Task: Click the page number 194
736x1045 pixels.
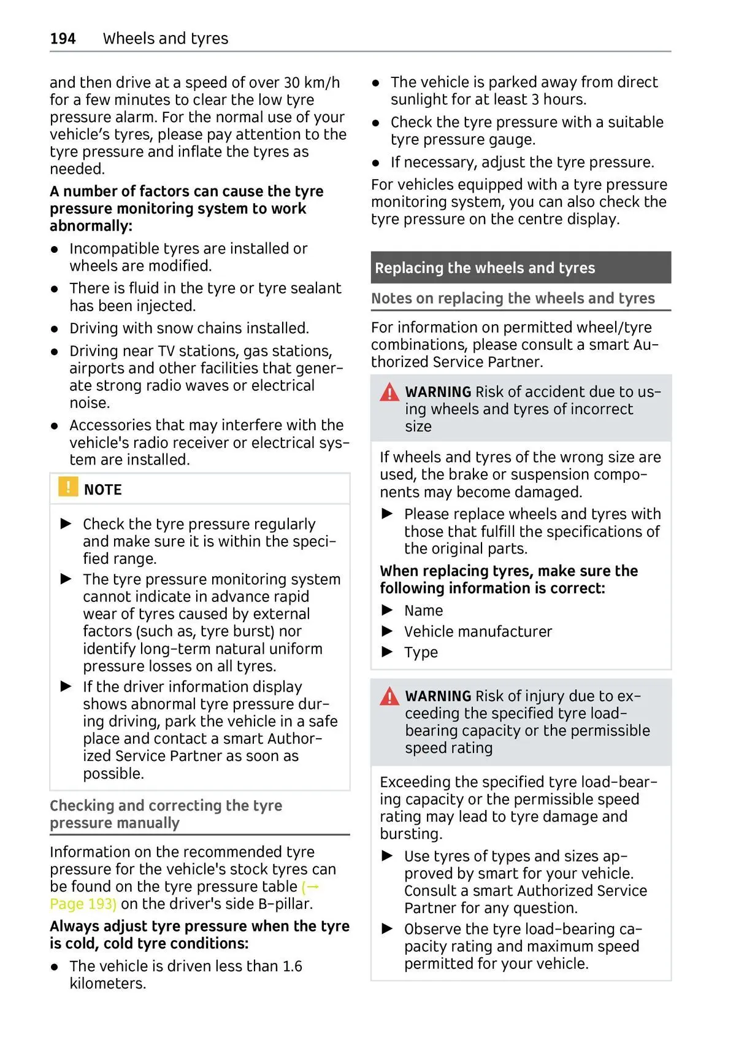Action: tap(63, 39)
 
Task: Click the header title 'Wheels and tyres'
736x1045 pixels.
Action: tap(166, 39)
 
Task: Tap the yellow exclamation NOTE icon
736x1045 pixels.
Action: tap(67, 487)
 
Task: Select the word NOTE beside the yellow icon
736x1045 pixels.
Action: tap(103, 490)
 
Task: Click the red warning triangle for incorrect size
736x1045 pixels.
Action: tap(389, 392)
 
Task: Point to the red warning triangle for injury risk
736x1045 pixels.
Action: tap(389, 696)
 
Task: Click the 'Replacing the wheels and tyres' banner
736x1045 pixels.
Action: tap(485, 268)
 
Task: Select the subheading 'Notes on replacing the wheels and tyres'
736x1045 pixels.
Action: tap(513, 299)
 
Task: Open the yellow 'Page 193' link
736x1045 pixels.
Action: tap(83, 904)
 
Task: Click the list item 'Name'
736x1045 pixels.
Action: tap(423, 611)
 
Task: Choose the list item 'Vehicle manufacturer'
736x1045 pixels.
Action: tap(478, 632)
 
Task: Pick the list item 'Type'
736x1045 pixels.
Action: tap(421, 653)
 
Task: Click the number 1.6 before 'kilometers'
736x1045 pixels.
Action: tap(293, 966)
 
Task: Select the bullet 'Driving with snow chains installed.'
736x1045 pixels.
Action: tap(189, 329)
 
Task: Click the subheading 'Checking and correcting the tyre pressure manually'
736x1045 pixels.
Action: tap(166, 814)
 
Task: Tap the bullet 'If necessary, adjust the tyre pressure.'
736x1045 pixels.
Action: tap(522, 163)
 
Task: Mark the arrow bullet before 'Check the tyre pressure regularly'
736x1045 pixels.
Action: tap(66, 524)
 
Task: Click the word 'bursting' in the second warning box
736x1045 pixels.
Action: tap(410, 835)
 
